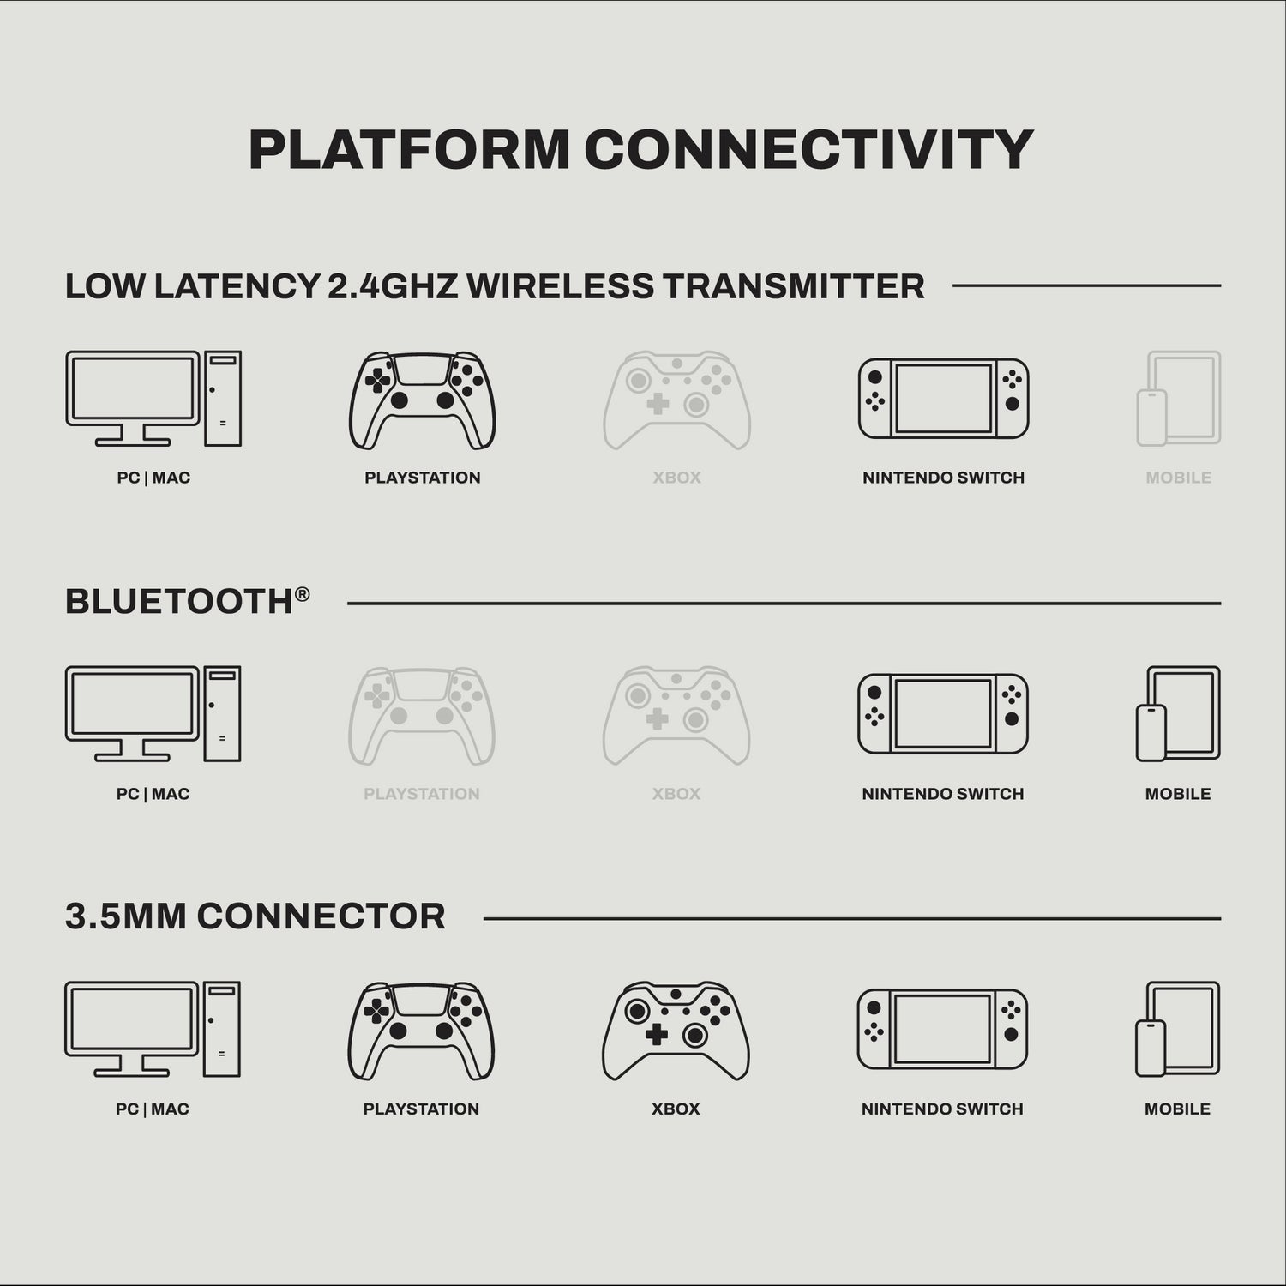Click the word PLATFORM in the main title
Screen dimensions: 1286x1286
click(410, 150)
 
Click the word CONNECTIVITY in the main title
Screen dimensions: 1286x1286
click(809, 150)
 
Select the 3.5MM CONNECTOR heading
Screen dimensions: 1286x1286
click(255, 916)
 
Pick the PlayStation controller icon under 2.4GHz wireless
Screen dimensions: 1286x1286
click(422, 400)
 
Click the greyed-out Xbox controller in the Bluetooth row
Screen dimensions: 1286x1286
click(676, 716)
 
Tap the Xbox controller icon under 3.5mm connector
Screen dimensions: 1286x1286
click(676, 1031)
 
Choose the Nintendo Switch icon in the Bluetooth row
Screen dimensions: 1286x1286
click(943, 714)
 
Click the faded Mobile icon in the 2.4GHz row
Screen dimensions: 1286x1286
click(1179, 399)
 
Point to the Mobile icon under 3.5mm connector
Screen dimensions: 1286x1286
click(1178, 1029)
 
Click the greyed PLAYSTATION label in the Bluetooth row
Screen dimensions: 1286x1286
click(422, 794)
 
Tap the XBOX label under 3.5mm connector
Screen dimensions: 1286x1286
click(676, 1109)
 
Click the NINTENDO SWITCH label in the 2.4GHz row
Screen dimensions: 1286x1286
click(944, 478)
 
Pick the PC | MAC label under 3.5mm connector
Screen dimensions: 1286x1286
click(153, 1109)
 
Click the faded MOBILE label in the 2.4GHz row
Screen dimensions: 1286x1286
click(1179, 478)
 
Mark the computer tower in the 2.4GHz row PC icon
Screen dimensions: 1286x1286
click(223, 399)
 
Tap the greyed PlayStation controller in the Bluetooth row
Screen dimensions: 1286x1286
click(422, 716)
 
